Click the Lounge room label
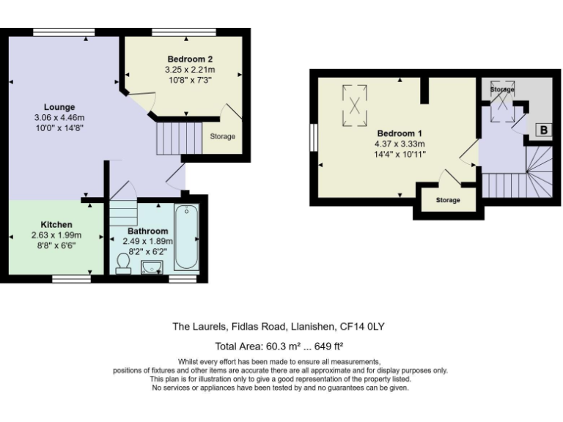(59, 107)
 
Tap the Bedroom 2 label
(190, 59)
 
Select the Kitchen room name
(56, 225)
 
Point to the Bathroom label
(147, 231)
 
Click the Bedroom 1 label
(400, 133)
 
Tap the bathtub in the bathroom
(186, 237)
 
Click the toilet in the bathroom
(123, 264)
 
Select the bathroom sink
(152, 267)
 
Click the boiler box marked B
(544, 130)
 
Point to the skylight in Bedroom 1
(354, 105)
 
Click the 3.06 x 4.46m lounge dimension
(59, 117)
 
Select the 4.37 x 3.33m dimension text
(400, 144)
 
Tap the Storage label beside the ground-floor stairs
(223, 136)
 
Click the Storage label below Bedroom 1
(448, 200)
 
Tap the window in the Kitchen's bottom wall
(71, 279)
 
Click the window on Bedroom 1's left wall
(314, 138)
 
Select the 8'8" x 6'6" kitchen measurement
(56, 245)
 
